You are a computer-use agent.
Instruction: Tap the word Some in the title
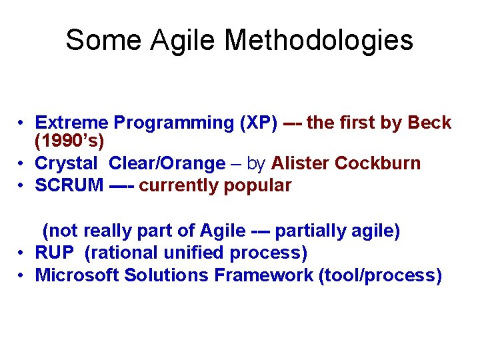point(103,40)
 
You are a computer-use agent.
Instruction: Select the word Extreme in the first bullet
point(72,123)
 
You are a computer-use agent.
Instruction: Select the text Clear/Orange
point(167,163)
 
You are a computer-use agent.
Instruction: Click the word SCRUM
point(69,185)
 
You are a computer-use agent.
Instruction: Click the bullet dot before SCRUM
point(22,186)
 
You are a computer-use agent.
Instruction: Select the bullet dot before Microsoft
point(22,276)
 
